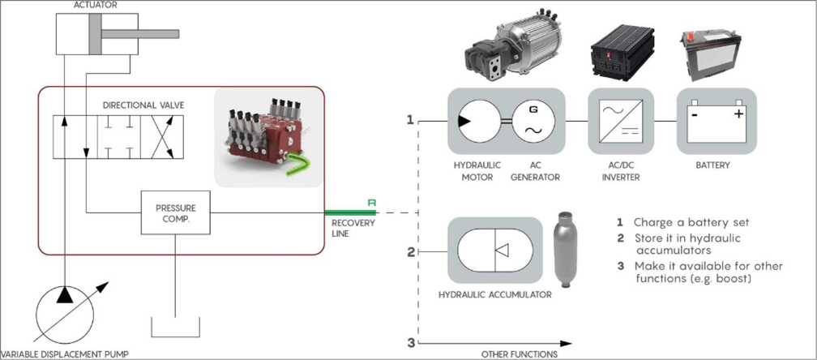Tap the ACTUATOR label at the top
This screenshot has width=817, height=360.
96,5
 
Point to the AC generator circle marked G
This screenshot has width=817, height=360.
533,121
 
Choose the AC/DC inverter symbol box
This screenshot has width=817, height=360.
621,121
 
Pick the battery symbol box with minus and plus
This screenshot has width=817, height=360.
712,121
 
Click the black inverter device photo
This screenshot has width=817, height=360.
622,51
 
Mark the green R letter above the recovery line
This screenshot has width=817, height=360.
371,201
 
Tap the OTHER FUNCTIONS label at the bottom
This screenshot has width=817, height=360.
519,354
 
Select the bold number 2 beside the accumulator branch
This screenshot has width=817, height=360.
411,252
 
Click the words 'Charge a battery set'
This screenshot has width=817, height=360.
691,222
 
